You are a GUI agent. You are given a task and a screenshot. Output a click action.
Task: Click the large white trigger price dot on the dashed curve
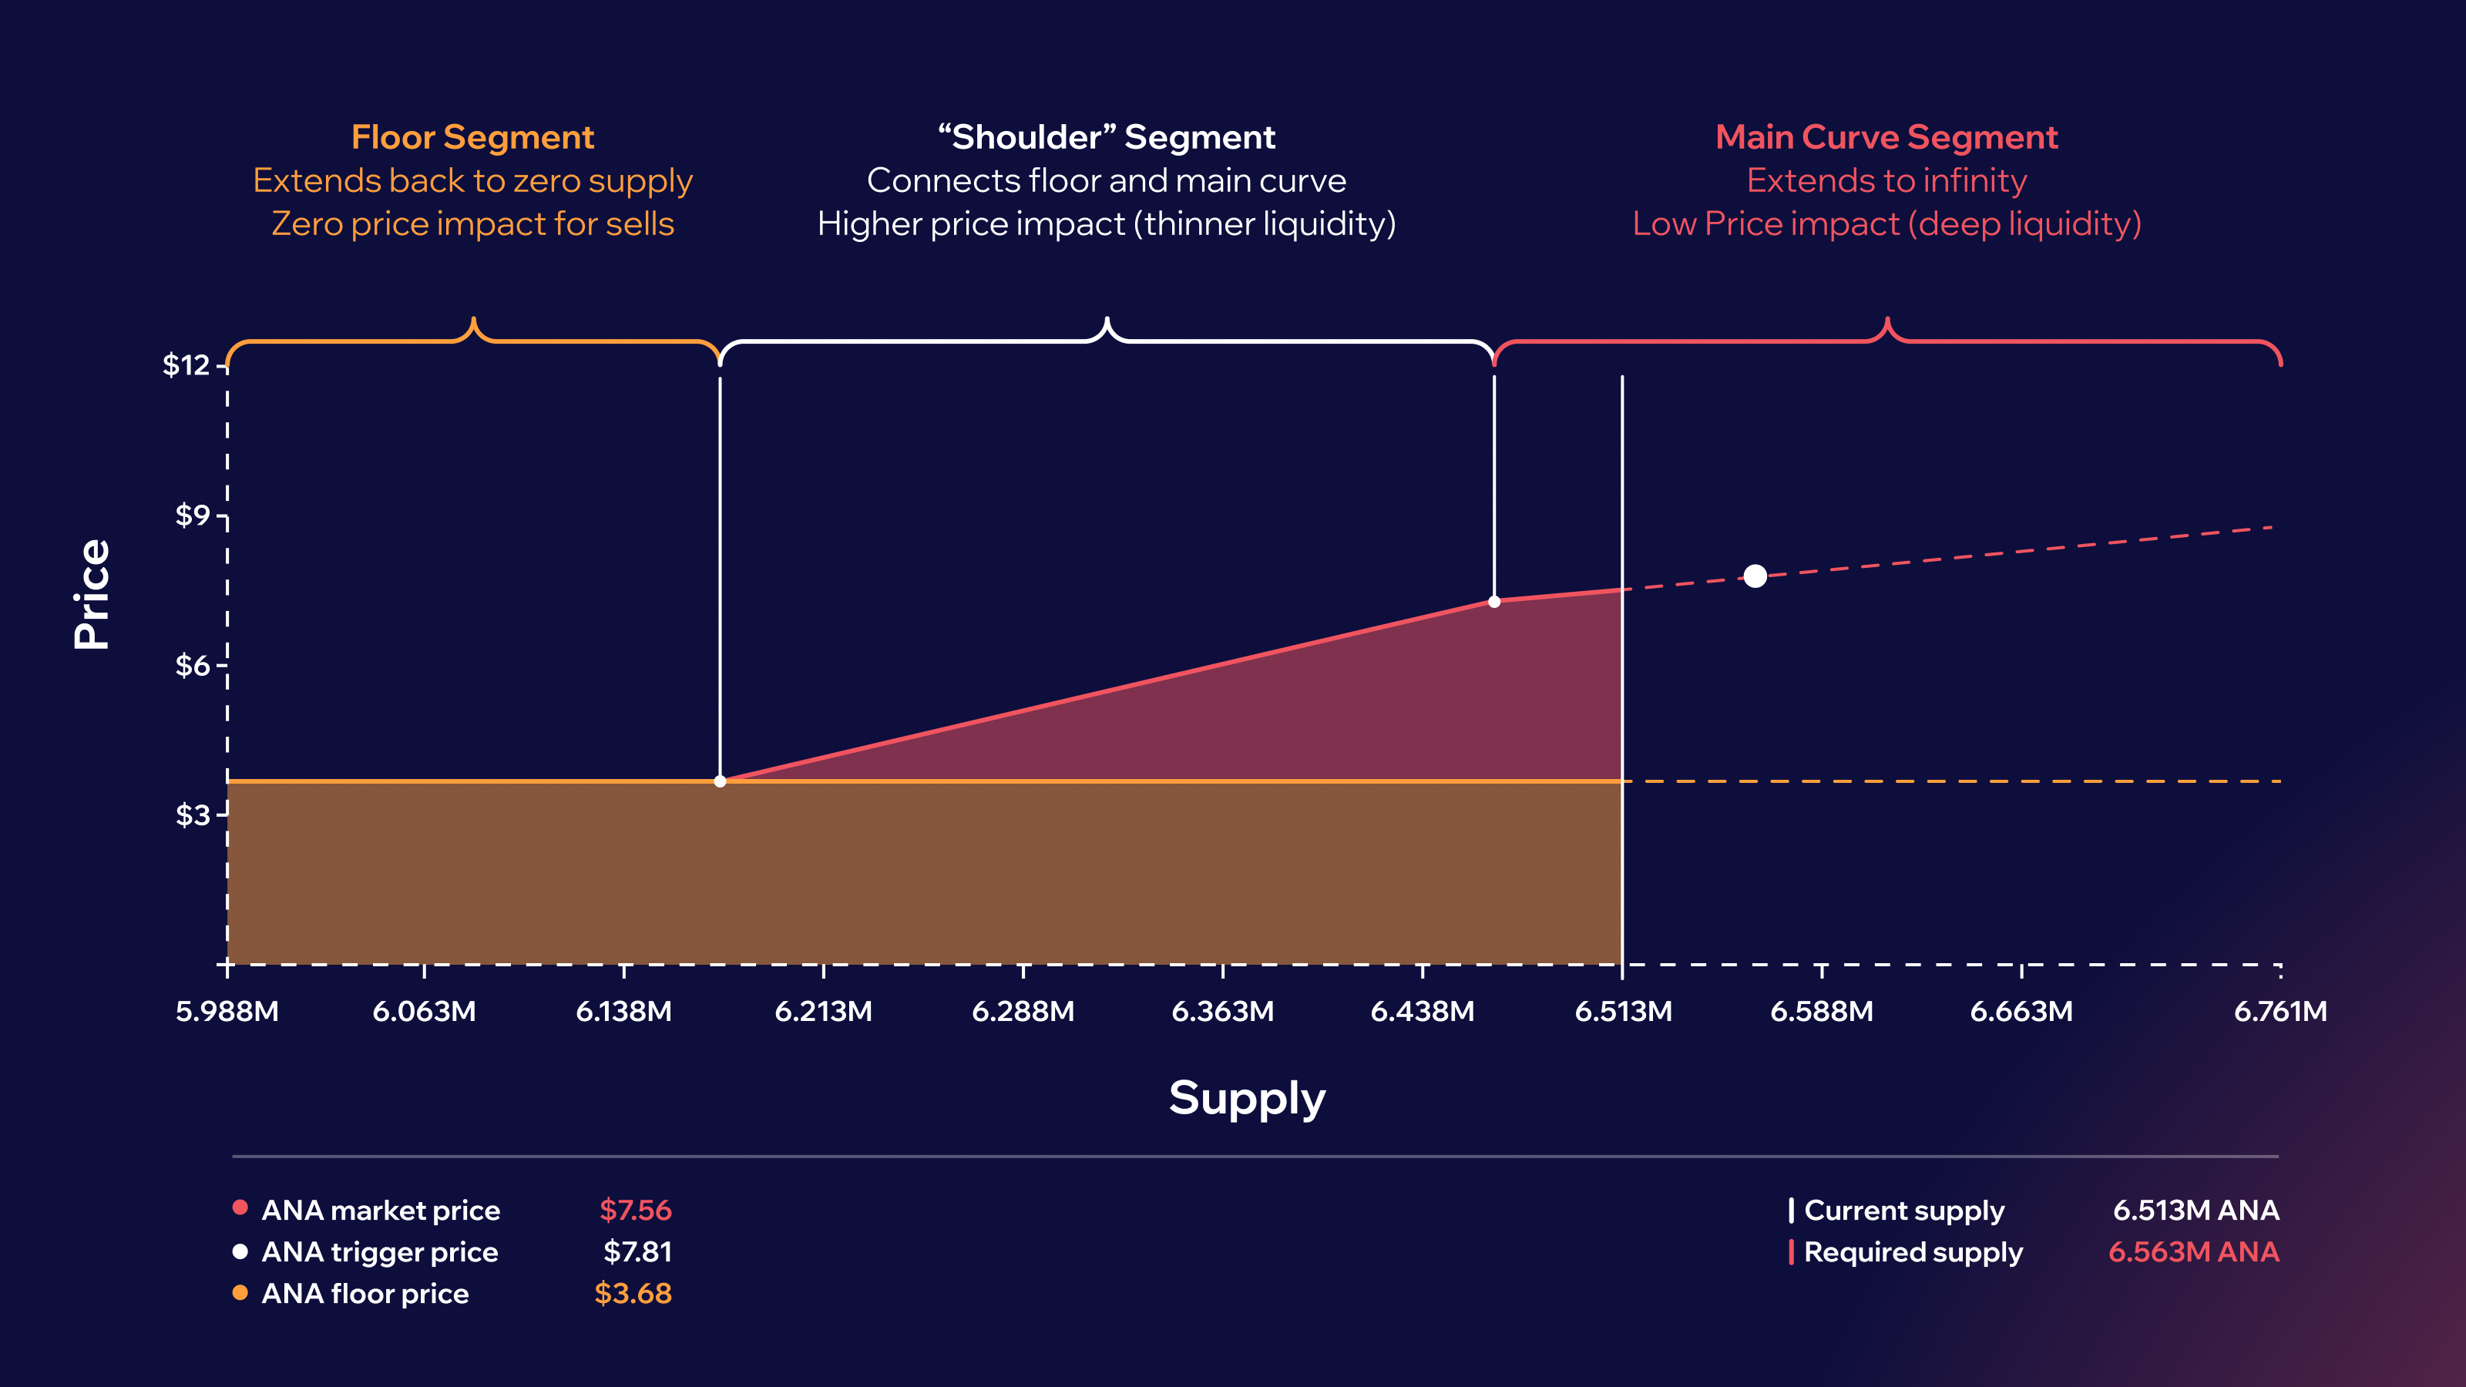coord(1755,576)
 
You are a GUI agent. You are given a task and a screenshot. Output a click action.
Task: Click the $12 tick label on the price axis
coord(186,364)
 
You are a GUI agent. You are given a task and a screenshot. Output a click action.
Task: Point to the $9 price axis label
coord(191,516)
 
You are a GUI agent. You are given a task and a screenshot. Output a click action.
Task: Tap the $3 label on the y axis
coord(191,814)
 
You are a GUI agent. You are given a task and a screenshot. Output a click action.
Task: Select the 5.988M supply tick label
coord(227,1012)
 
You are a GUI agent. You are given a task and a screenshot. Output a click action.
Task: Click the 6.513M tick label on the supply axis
coord(1623,1012)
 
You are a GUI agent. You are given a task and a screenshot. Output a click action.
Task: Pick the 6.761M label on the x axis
coord(2280,1012)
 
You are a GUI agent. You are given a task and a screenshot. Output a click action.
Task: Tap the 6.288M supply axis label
coord(1023,1012)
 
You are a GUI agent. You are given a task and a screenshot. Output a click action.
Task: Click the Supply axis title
coord(1246,1098)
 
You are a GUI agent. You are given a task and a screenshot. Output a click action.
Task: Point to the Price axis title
coord(92,594)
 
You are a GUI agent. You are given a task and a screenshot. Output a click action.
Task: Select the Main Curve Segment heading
coord(1886,138)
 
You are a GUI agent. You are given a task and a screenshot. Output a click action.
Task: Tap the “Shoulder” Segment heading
coord(1106,138)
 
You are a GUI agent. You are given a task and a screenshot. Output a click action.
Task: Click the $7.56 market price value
coord(635,1210)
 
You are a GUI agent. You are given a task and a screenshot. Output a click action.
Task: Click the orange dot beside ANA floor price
coord(240,1293)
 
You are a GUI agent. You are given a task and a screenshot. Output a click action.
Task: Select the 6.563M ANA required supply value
coord(2193,1252)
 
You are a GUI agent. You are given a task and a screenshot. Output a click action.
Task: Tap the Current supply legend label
coord(1903,1211)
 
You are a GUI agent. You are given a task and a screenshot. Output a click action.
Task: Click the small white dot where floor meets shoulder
coord(720,782)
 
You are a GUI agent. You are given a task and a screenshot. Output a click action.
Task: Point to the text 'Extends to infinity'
coord(1886,181)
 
